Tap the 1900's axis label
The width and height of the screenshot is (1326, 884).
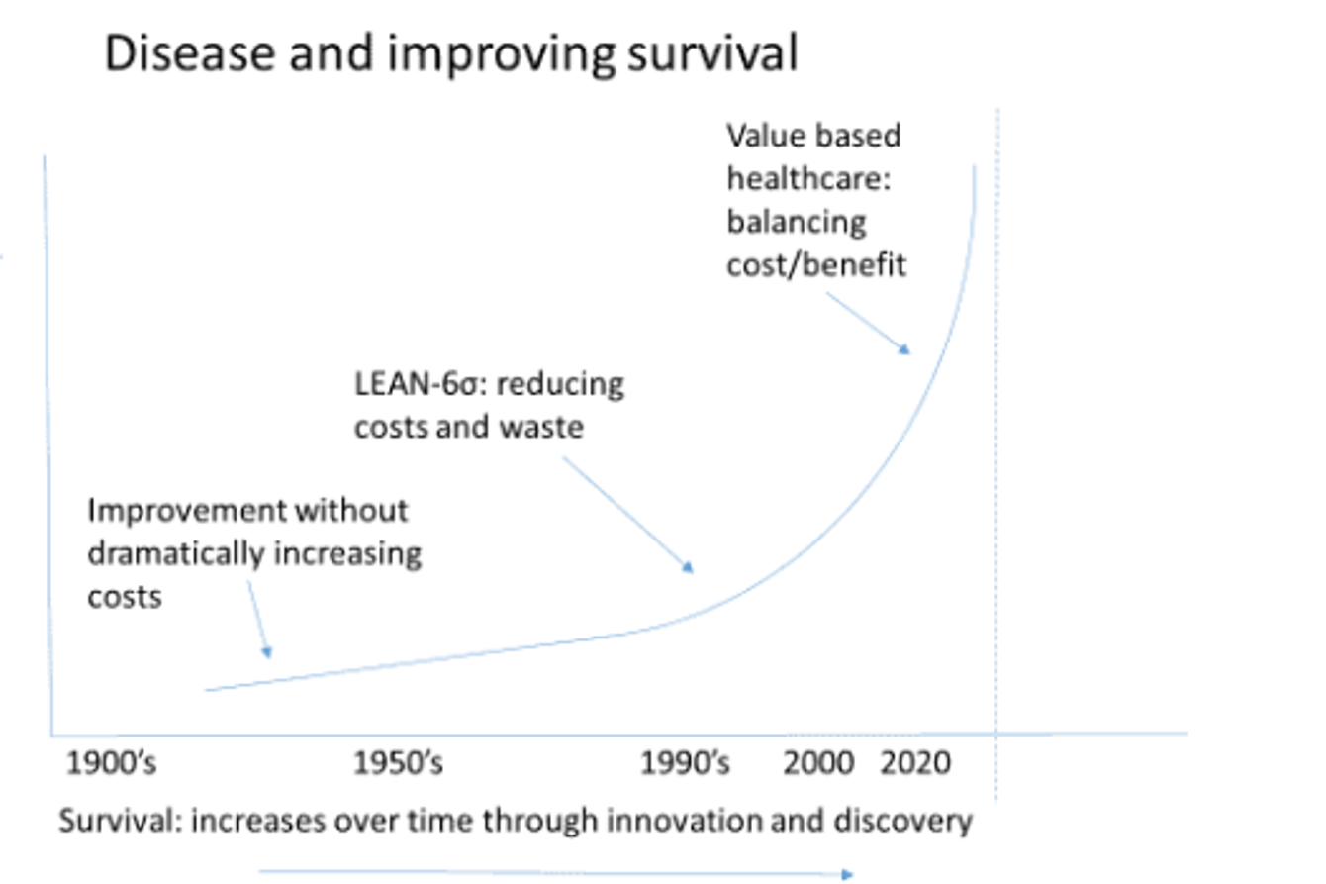pyautogui.click(x=111, y=765)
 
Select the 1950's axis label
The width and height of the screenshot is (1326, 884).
pyautogui.click(x=399, y=765)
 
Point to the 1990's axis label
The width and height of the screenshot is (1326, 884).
pyautogui.click(x=686, y=765)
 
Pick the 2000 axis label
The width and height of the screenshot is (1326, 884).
pyautogui.click(x=819, y=765)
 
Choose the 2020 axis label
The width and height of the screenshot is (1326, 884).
pyautogui.click(x=915, y=765)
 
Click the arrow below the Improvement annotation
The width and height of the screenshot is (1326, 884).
pyautogui.click(x=258, y=620)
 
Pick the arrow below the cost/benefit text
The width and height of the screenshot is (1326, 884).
pyautogui.click(x=868, y=323)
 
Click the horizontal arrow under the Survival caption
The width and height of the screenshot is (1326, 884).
pyautogui.click(x=555, y=873)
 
